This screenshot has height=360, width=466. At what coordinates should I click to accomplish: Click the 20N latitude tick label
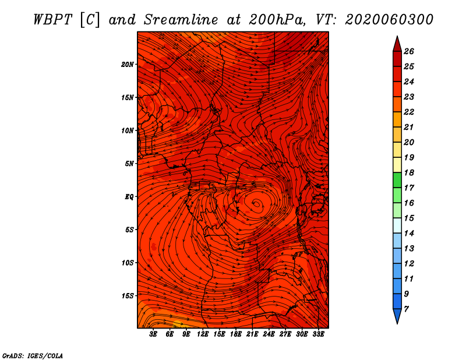pyautogui.click(x=128, y=65)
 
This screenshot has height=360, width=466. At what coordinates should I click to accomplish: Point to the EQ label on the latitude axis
pyautogui.click(x=129, y=197)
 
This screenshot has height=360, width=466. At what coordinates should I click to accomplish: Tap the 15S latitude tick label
pyautogui.click(x=128, y=296)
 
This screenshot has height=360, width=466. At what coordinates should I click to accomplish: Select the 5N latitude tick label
pyautogui.click(x=129, y=164)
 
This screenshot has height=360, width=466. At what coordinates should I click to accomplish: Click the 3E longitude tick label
pyautogui.click(x=153, y=334)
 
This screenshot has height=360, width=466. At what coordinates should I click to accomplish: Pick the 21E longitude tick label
pyautogui.click(x=252, y=334)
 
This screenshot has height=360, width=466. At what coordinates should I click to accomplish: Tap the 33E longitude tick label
pyautogui.click(x=318, y=334)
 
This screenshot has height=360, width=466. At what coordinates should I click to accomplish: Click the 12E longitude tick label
pyautogui.click(x=202, y=334)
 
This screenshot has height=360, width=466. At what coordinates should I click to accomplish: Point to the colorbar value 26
pyautogui.click(x=409, y=51)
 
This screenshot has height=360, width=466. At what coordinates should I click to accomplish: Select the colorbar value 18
pyautogui.click(x=409, y=172)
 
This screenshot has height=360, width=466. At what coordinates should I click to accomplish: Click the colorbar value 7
pyautogui.click(x=406, y=309)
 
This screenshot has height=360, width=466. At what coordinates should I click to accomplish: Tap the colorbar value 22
pyautogui.click(x=409, y=112)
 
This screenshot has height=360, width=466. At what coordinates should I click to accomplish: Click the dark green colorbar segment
pyautogui.click(x=397, y=180)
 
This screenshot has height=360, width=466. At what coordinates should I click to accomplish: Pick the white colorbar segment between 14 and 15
pyautogui.click(x=397, y=225)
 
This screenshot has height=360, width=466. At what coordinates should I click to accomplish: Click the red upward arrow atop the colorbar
pyautogui.click(x=397, y=44)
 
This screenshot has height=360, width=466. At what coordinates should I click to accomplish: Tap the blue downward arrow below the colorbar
pyautogui.click(x=397, y=316)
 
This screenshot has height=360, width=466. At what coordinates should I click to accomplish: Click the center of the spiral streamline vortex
pyautogui.click(x=257, y=204)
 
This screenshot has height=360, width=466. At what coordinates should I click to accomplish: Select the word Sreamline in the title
pyautogui.click(x=181, y=20)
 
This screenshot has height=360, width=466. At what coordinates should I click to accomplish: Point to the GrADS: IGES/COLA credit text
pyautogui.click(x=33, y=356)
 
